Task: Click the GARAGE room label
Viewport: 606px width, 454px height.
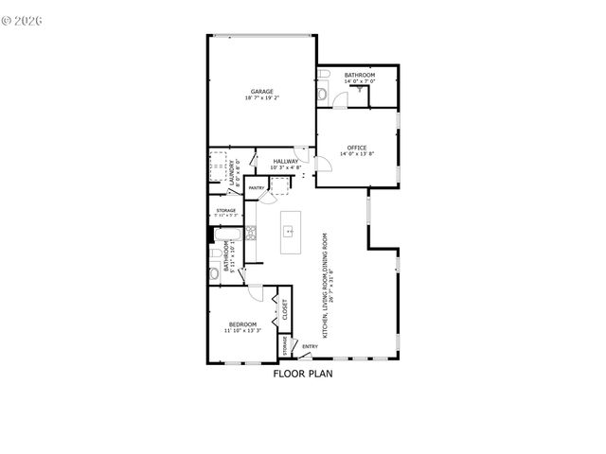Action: coord(261,92)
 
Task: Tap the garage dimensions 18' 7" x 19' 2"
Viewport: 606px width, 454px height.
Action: coord(261,98)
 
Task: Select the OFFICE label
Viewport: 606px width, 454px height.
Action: coord(357,148)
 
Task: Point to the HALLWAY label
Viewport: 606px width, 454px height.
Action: coord(286,161)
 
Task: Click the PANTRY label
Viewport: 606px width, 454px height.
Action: coord(257,188)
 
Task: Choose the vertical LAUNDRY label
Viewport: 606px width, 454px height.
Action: coord(233,173)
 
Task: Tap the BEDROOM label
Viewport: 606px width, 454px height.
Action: coord(241,324)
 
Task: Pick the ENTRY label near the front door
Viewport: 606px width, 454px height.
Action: coord(311,346)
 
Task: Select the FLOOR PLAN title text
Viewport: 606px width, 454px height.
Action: coord(303,373)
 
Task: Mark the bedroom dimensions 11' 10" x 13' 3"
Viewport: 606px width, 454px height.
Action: coord(241,331)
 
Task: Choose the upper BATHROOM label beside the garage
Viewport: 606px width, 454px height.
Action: coord(359,75)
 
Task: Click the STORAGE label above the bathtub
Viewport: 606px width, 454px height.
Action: coord(225,210)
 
